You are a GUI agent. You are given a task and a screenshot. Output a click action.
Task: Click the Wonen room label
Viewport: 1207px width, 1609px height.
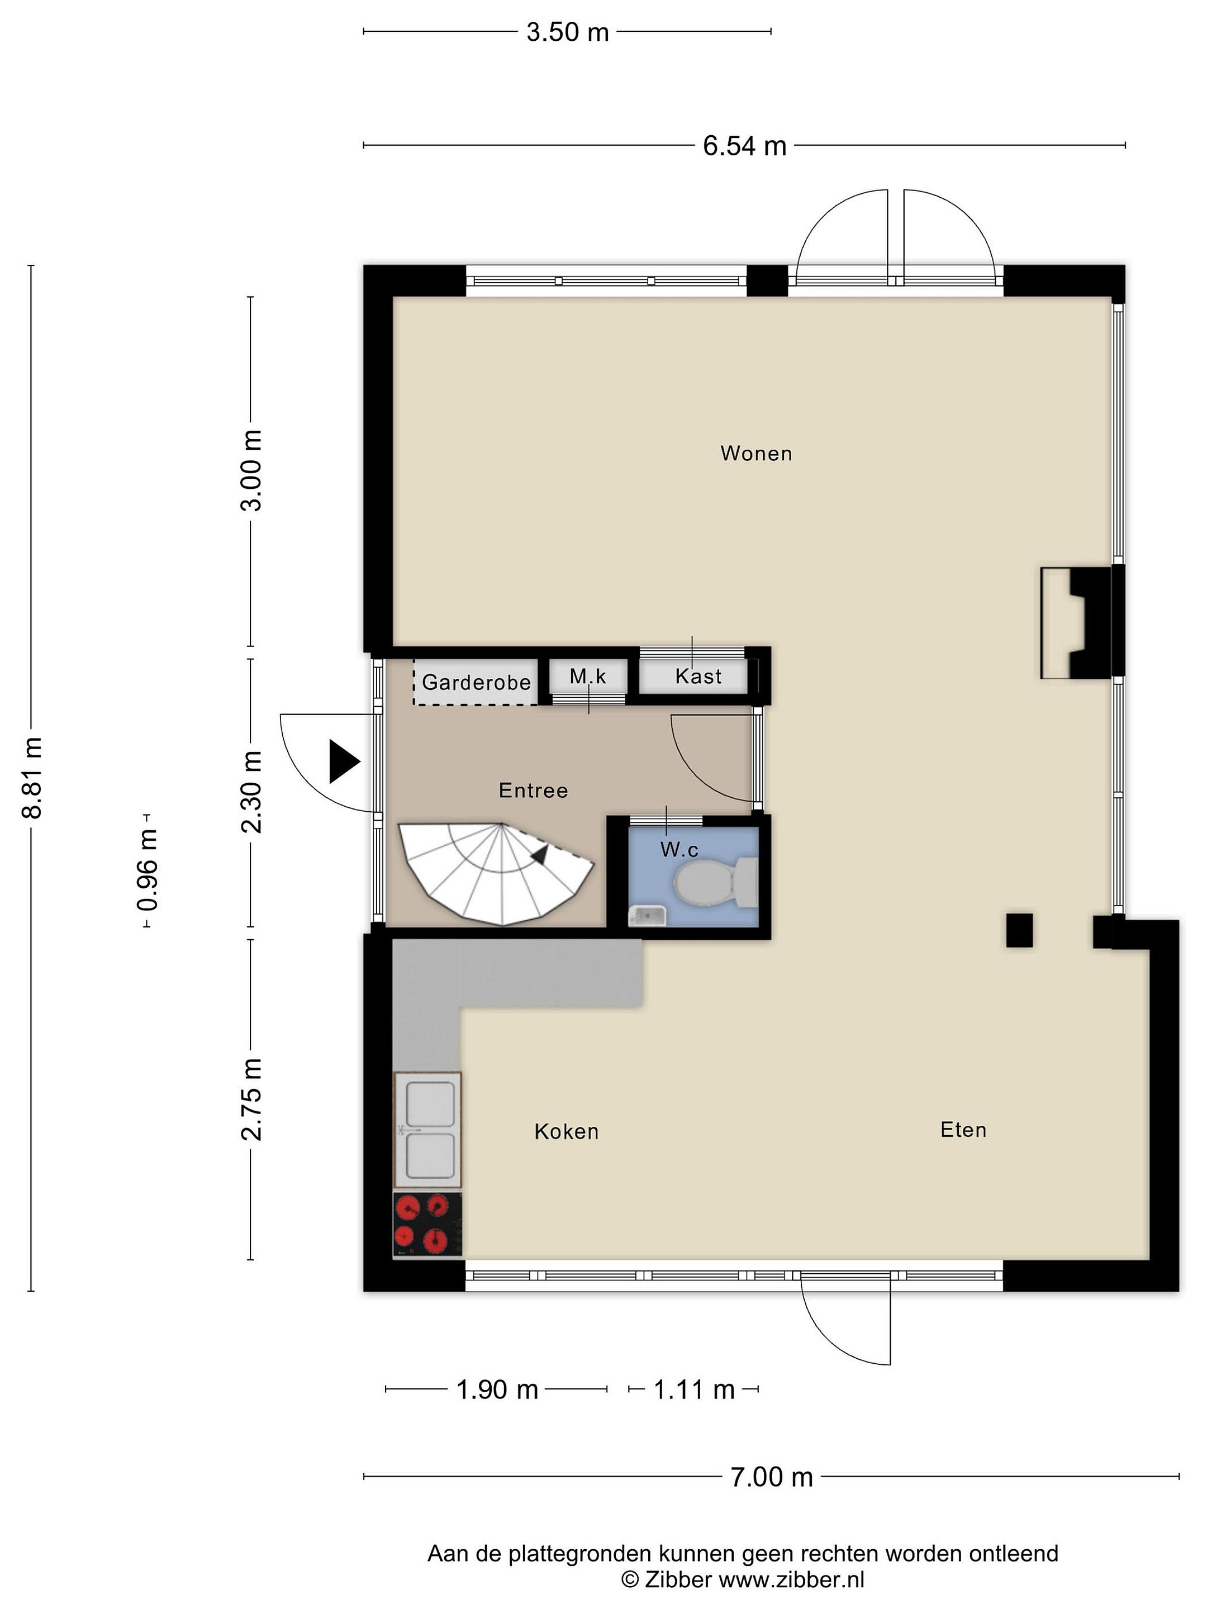click(x=756, y=453)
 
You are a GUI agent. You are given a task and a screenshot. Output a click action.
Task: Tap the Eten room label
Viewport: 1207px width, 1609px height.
click(x=963, y=1130)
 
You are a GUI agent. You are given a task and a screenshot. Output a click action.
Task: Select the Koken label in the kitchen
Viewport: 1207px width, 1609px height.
click(x=566, y=1131)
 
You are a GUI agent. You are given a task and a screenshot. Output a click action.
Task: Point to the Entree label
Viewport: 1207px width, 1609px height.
click(x=533, y=790)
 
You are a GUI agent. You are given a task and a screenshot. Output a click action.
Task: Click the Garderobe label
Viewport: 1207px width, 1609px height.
click(x=476, y=682)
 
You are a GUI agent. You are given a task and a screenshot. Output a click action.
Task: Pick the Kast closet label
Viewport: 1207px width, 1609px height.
click(x=698, y=677)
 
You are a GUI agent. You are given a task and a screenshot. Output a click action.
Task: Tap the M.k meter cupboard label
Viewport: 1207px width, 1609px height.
click(x=588, y=677)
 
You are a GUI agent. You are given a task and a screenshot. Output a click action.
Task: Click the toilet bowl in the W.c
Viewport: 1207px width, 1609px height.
click(x=716, y=882)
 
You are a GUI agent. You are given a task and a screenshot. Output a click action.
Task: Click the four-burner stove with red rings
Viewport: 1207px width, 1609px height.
click(x=427, y=1224)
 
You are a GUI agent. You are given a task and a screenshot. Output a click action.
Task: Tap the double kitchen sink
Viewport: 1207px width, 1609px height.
click(x=428, y=1130)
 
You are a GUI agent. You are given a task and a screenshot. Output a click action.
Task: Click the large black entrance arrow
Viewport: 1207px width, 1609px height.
click(x=344, y=761)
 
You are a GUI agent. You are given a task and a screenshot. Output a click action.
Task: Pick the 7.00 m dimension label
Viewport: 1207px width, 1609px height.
click(x=771, y=1477)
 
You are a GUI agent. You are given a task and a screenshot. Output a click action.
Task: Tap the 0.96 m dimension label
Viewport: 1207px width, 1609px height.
click(x=148, y=870)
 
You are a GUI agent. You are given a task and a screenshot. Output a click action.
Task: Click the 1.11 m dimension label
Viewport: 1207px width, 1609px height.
click(x=693, y=1389)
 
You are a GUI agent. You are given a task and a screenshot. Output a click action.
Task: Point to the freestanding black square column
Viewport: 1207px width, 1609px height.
click(x=1019, y=930)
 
